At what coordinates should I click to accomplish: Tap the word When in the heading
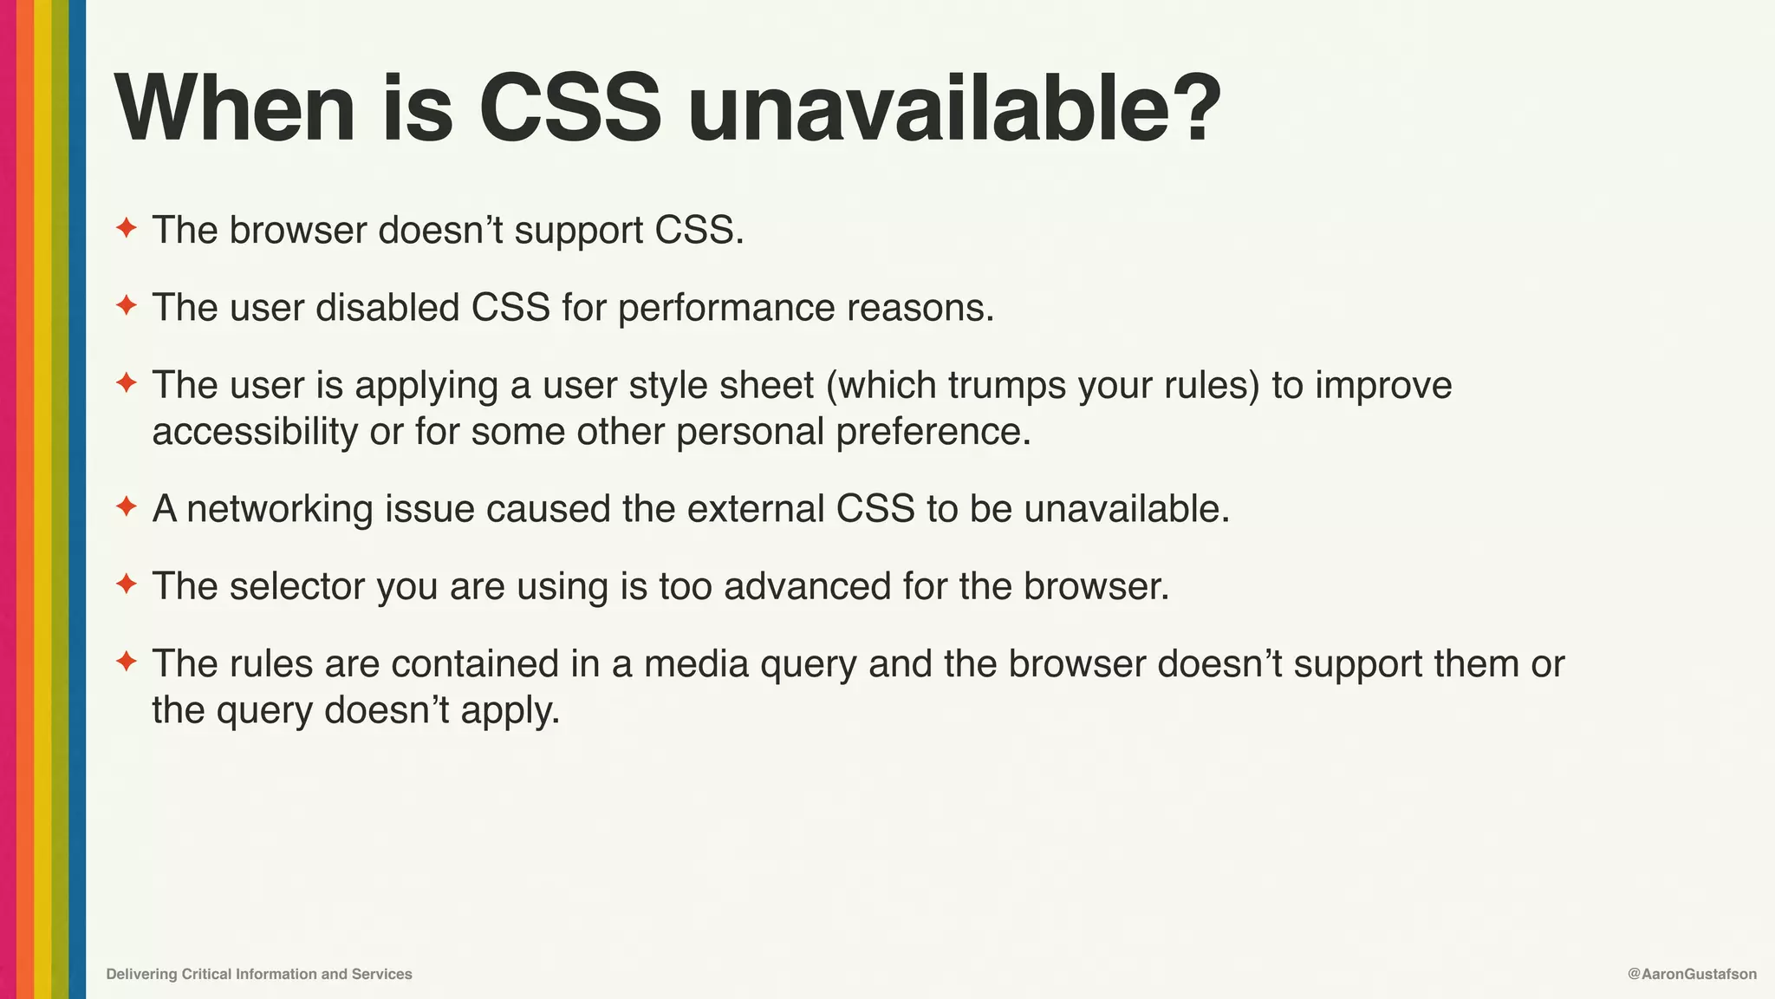234,110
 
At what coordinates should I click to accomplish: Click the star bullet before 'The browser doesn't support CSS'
127,229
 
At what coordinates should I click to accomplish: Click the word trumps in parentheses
1006,386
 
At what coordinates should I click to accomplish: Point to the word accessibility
255,432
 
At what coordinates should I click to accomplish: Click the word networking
279,509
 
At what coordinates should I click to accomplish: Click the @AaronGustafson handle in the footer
1692,974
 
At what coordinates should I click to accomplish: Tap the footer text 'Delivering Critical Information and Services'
259,974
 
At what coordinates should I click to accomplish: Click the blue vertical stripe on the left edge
77,499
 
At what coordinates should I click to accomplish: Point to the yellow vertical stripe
42,499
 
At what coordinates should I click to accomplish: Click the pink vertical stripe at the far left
8,499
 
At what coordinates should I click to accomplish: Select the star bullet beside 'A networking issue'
127,507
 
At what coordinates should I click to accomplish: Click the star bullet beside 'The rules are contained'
127,663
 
